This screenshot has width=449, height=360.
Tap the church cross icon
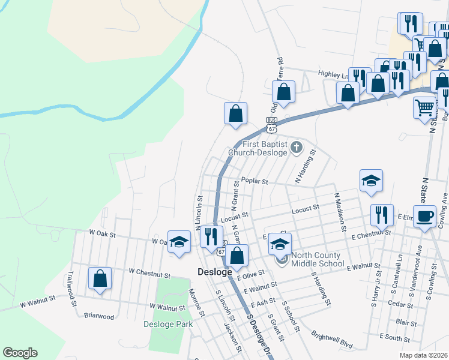[x=296, y=146]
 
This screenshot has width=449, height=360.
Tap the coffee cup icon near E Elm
[x=424, y=216]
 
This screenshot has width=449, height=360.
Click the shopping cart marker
[x=424, y=108]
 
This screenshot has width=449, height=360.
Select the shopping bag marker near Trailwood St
[x=100, y=278]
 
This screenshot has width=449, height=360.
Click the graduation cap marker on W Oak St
[x=178, y=242]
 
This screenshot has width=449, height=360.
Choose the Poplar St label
[x=255, y=181]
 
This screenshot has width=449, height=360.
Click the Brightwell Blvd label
[x=331, y=338]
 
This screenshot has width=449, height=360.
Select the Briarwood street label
[x=99, y=316]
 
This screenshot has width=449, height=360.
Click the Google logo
[x=20, y=353]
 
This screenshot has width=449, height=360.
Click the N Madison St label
[x=340, y=211]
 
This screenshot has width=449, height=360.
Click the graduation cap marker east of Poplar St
[x=372, y=180]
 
